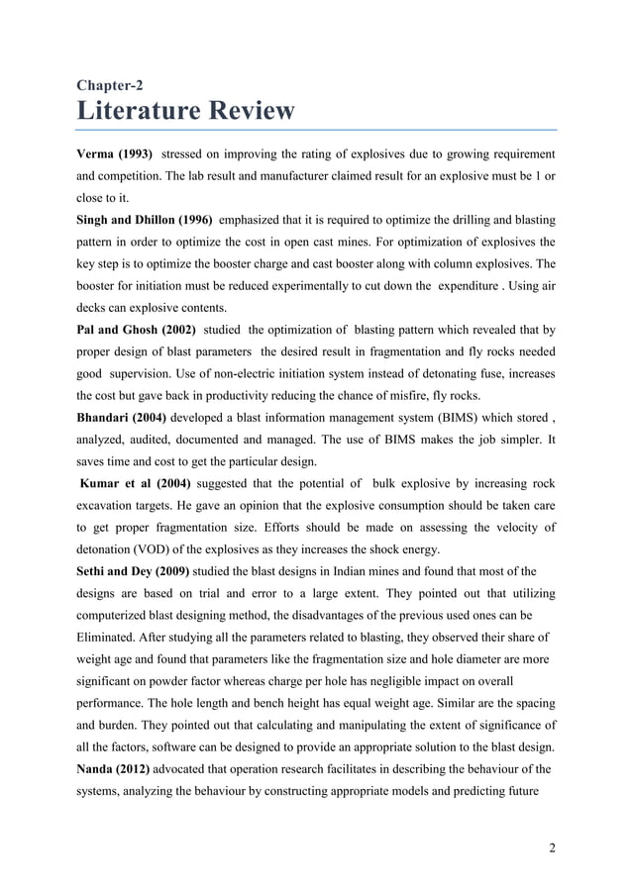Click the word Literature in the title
coord(142,110)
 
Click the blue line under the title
coord(317,130)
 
